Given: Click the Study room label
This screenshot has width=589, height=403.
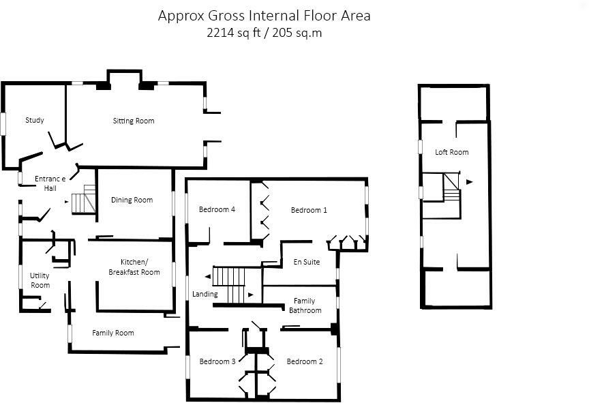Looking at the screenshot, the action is click(35, 120).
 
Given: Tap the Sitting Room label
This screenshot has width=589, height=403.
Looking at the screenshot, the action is click(134, 121).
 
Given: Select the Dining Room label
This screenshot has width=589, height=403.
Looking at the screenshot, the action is click(132, 200).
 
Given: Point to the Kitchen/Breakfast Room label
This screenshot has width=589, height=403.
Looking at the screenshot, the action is click(134, 267).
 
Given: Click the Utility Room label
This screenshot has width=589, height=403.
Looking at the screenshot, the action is click(40, 280).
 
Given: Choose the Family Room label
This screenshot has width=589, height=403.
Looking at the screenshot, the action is click(113, 333).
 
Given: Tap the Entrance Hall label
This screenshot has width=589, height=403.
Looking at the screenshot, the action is click(50, 183).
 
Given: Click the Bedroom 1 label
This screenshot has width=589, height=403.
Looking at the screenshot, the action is click(309, 210).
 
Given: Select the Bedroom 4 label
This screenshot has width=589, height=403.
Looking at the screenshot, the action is click(217, 209).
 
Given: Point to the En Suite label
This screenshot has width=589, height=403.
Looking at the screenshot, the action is click(307, 262).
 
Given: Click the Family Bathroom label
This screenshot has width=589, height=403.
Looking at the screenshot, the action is click(305, 305).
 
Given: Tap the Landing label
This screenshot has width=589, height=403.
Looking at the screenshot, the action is click(205, 294).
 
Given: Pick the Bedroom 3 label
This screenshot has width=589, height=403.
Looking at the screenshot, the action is click(217, 361).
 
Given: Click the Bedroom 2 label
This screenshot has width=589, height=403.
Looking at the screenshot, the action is click(304, 361).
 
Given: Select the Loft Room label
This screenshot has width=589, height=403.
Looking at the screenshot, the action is click(451, 152).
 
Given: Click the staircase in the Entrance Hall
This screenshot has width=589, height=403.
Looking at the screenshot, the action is click(84, 199).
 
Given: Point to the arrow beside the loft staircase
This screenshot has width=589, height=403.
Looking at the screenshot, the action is click(469, 182).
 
